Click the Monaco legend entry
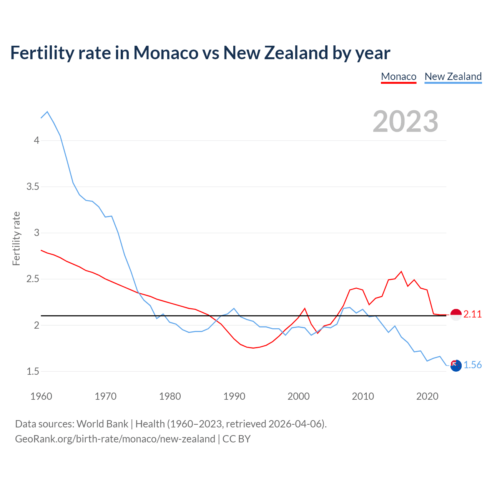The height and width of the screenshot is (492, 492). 399,76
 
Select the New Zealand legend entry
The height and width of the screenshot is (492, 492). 453,76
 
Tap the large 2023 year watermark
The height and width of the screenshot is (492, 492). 406,121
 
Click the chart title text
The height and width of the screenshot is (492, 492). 200,53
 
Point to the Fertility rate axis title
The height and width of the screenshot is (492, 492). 16,238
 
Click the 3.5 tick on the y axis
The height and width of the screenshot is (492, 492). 33,187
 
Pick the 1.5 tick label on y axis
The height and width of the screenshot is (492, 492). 33,371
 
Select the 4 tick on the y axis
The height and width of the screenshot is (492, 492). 37,140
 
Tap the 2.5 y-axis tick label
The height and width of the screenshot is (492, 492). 33,279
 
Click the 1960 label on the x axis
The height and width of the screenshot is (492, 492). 41,396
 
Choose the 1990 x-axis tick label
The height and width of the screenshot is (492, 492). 234,396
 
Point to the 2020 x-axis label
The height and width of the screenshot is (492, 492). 427,396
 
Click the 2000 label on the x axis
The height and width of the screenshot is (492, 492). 298,396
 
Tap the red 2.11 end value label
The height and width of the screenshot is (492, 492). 472,314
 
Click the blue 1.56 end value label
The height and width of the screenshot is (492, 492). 472,365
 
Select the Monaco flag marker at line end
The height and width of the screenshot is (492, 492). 456,314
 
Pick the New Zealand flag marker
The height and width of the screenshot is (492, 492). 456,366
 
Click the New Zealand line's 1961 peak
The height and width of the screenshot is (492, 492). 47,112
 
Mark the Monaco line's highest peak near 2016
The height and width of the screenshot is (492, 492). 401,271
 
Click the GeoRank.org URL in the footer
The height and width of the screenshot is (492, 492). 115,439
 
